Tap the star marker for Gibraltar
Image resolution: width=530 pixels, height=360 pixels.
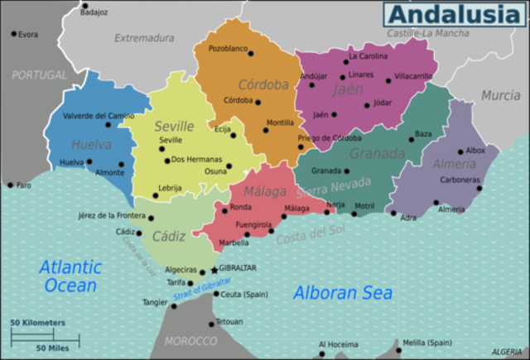(214, 269)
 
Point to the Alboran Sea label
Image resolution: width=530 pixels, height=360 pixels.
(343, 293)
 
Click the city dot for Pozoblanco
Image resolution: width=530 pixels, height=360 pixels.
(251, 54)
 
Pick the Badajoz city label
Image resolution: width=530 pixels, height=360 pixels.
(94, 12)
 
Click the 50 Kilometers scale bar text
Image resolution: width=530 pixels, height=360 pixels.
(37, 321)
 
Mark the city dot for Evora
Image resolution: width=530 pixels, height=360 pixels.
(14, 34)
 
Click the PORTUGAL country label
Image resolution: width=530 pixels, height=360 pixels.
(39, 74)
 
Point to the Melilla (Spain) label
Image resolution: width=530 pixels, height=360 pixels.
(426, 342)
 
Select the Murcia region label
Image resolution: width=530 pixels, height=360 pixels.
(501, 95)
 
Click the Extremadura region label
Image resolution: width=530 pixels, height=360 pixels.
(144, 37)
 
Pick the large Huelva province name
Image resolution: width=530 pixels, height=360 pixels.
(91, 144)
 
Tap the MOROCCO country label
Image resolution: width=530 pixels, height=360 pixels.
(190, 340)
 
